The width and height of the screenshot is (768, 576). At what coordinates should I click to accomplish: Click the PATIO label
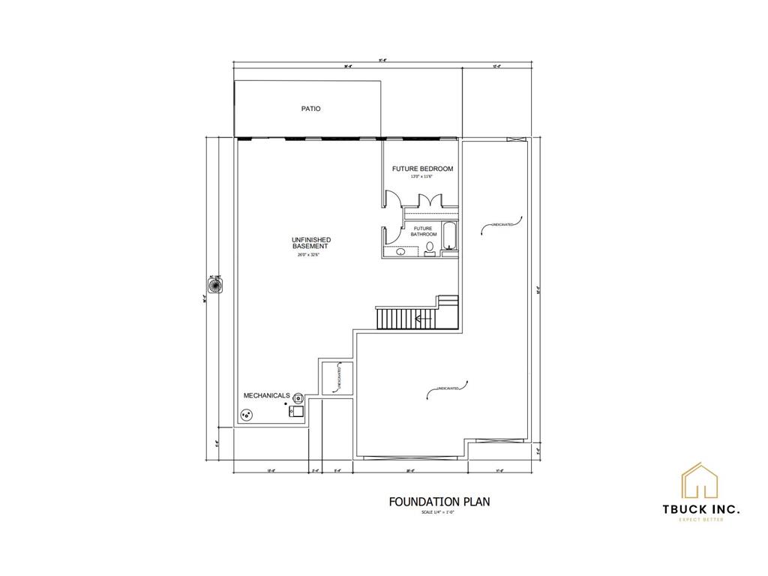coord(311,109)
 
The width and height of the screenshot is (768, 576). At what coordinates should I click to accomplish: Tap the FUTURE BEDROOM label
coord(422,169)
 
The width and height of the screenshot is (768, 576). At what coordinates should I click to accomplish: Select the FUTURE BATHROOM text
coord(422,231)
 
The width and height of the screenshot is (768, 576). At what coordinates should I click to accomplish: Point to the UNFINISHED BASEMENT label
coord(311,243)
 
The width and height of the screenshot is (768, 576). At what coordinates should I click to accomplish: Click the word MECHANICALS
coord(266,395)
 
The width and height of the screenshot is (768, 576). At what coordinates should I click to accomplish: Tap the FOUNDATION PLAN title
coord(439,501)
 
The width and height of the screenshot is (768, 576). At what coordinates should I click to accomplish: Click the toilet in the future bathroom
coord(430,247)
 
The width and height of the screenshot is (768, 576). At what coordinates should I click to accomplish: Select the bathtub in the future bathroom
coord(449,237)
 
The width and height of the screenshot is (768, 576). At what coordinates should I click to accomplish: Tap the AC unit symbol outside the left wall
coord(214,286)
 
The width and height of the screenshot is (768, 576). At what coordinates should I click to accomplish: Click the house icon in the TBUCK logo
coord(700,481)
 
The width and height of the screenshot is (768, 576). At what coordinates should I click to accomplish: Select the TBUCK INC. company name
coord(700,509)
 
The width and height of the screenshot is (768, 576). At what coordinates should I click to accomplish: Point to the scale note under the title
coord(439,512)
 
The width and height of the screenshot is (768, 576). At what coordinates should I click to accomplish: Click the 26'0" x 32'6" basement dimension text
coord(310,255)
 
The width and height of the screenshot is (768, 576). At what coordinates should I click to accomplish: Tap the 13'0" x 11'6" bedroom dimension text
coord(422,177)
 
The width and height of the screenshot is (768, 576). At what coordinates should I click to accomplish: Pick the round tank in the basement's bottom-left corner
coord(245,415)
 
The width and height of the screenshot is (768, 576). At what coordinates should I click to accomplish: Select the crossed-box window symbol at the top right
coord(514,139)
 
